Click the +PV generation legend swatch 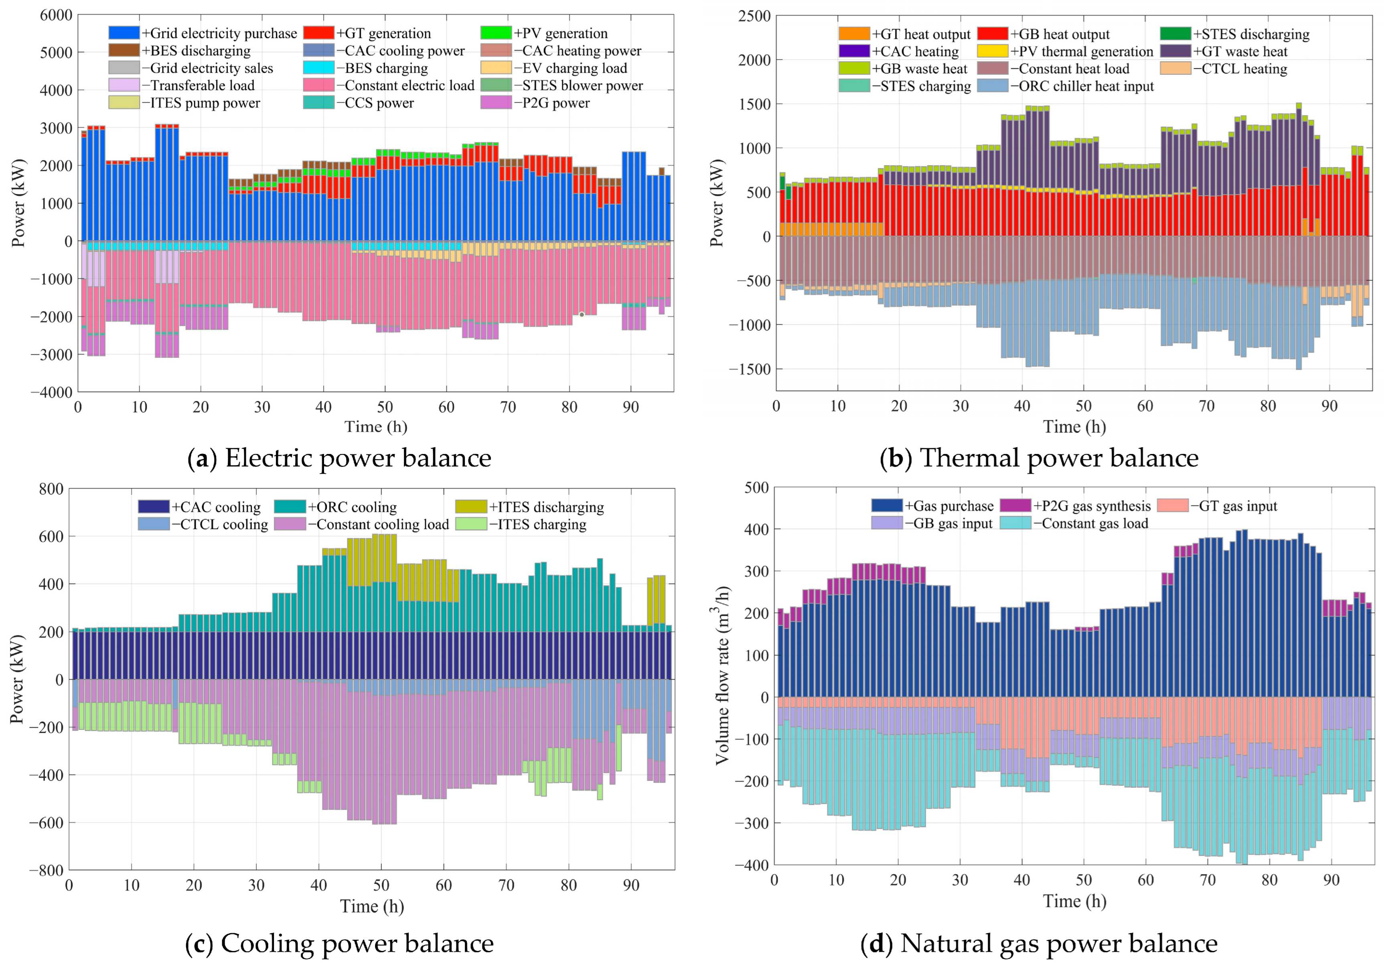coord(496,32)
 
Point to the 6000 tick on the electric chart coord(56,15)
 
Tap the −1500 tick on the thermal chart coord(750,369)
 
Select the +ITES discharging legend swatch coord(471,507)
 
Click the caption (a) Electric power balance coord(339,458)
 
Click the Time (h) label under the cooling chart coord(372,906)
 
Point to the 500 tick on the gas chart coord(756,487)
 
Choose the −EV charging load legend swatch coord(496,67)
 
